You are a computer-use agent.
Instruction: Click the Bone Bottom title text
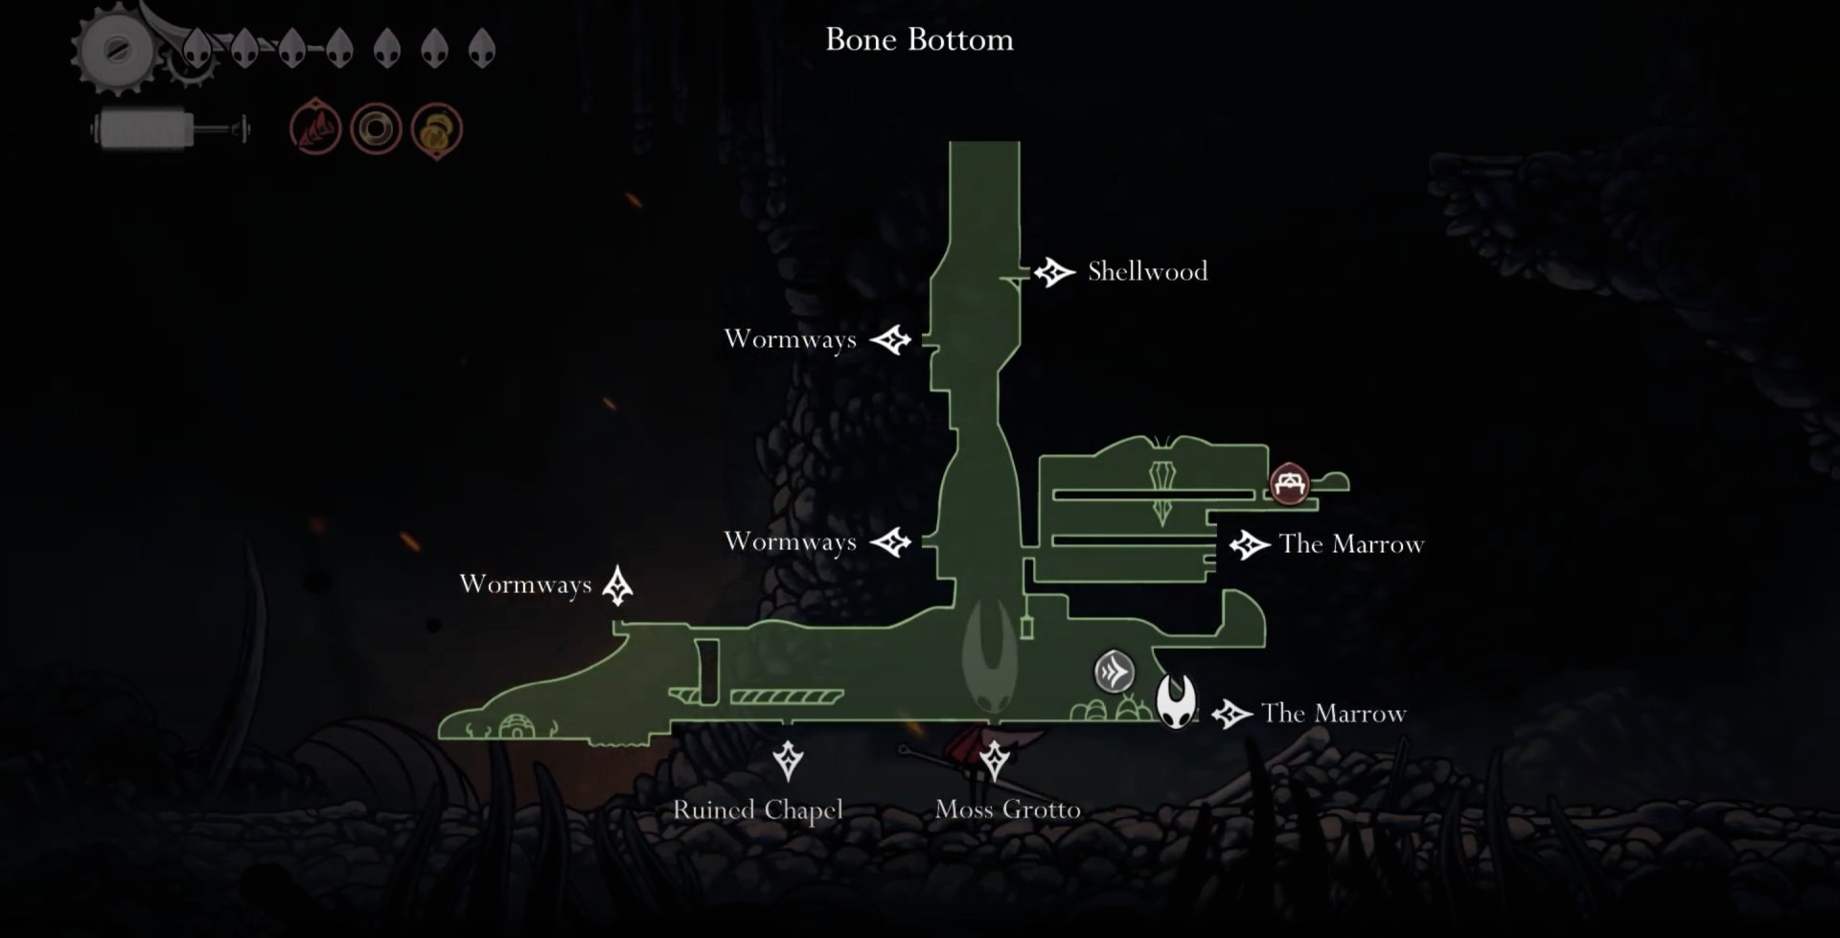pyautogui.click(x=919, y=39)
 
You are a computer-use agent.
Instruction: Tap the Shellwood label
pyautogui.click(x=1147, y=271)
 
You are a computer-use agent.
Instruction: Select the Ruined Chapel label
pyautogui.click(x=758, y=811)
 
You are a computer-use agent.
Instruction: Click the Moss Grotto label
pyautogui.click(x=1007, y=810)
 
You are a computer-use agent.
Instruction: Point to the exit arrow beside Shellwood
pyautogui.click(x=1054, y=272)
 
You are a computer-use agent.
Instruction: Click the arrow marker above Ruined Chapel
pyautogui.click(x=788, y=761)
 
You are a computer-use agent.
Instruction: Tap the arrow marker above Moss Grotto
pyautogui.click(x=994, y=761)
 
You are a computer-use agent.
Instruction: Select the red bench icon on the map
pyautogui.click(x=1289, y=484)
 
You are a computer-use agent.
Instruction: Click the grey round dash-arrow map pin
pyautogui.click(x=1115, y=672)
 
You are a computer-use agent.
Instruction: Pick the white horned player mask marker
pyautogui.click(x=1176, y=701)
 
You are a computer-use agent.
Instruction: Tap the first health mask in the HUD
pyautogui.click(x=197, y=47)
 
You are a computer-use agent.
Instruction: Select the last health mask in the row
pyautogui.click(x=481, y=47)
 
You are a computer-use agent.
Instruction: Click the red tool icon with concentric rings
pyautogui.click(x=376, y=128)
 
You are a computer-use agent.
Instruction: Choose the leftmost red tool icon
pyautogui.click(x=315, y=128)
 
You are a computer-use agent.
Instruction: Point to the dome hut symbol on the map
pyautogui.click(x=517, y=726)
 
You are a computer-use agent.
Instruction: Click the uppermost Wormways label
pyautogui.click(x=791, y=339)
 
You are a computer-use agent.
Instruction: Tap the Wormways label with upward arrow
pyautogui.click(x=525, y=584)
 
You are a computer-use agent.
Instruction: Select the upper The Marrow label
pyautogui.click(x=1351, y=544)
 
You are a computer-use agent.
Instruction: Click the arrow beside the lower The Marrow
pyautogui.click(x=1231, y=714)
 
